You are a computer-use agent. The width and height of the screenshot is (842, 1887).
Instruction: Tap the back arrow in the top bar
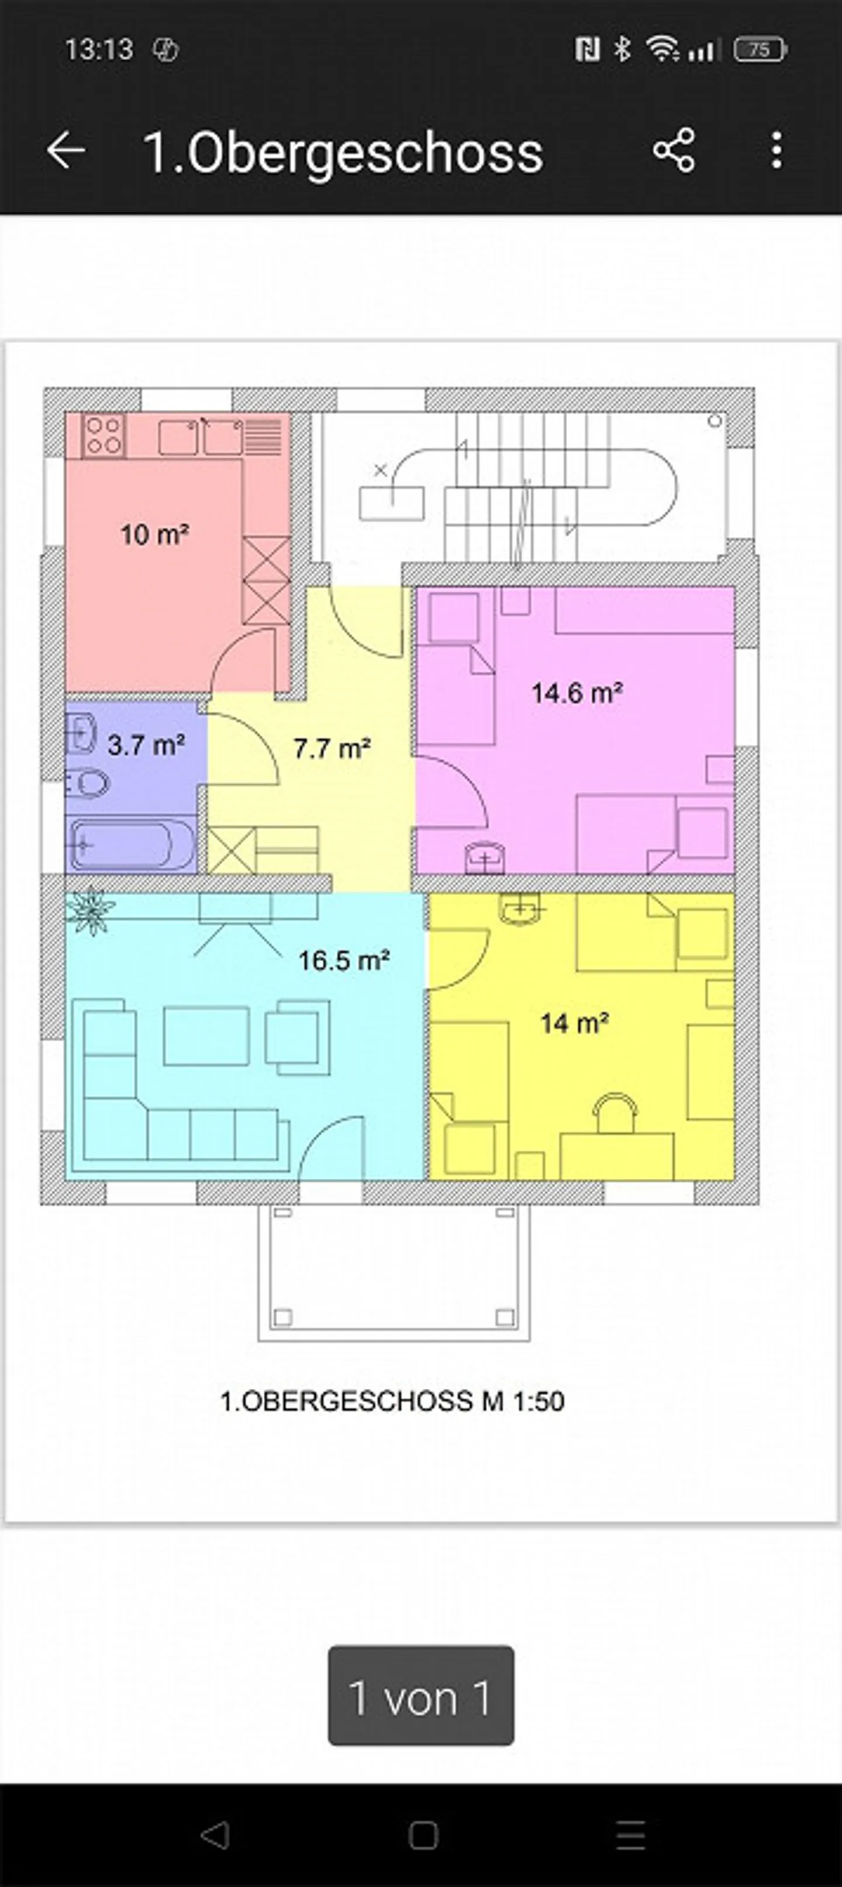click(67, 151)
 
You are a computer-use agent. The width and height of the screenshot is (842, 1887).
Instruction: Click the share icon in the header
click(674, 151)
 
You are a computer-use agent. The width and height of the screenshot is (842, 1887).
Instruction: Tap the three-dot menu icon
click(777, 151)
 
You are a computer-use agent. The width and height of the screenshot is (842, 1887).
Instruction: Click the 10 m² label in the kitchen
click(154, 534)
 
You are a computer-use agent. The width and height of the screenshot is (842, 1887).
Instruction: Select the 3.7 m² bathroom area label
click(146, 745)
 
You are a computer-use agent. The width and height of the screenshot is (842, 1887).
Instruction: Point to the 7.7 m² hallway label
click(332, 748)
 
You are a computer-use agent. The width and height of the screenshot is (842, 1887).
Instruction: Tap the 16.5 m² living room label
click(343, 960)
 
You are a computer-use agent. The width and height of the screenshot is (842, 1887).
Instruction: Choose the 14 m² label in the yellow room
click(575, 1023)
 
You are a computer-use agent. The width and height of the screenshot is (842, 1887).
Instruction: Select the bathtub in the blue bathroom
click(132, 844)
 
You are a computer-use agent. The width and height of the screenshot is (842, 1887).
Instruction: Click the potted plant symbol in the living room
click(91, 910)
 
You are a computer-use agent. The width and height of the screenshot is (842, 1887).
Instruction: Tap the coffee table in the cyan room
click(206, 1035)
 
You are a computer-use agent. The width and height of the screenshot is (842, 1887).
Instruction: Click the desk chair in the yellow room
click(616, 1112)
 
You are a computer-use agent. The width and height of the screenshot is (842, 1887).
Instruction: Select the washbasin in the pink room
click(485, 858)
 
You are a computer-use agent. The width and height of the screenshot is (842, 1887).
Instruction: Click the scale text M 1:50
click(523, 1400)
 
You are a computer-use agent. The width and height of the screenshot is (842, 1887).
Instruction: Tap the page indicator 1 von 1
click(420, 1698)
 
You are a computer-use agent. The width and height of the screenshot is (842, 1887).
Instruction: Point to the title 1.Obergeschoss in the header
click(343, 153)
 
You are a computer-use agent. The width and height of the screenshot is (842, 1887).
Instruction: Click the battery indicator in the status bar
click(760, 50)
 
